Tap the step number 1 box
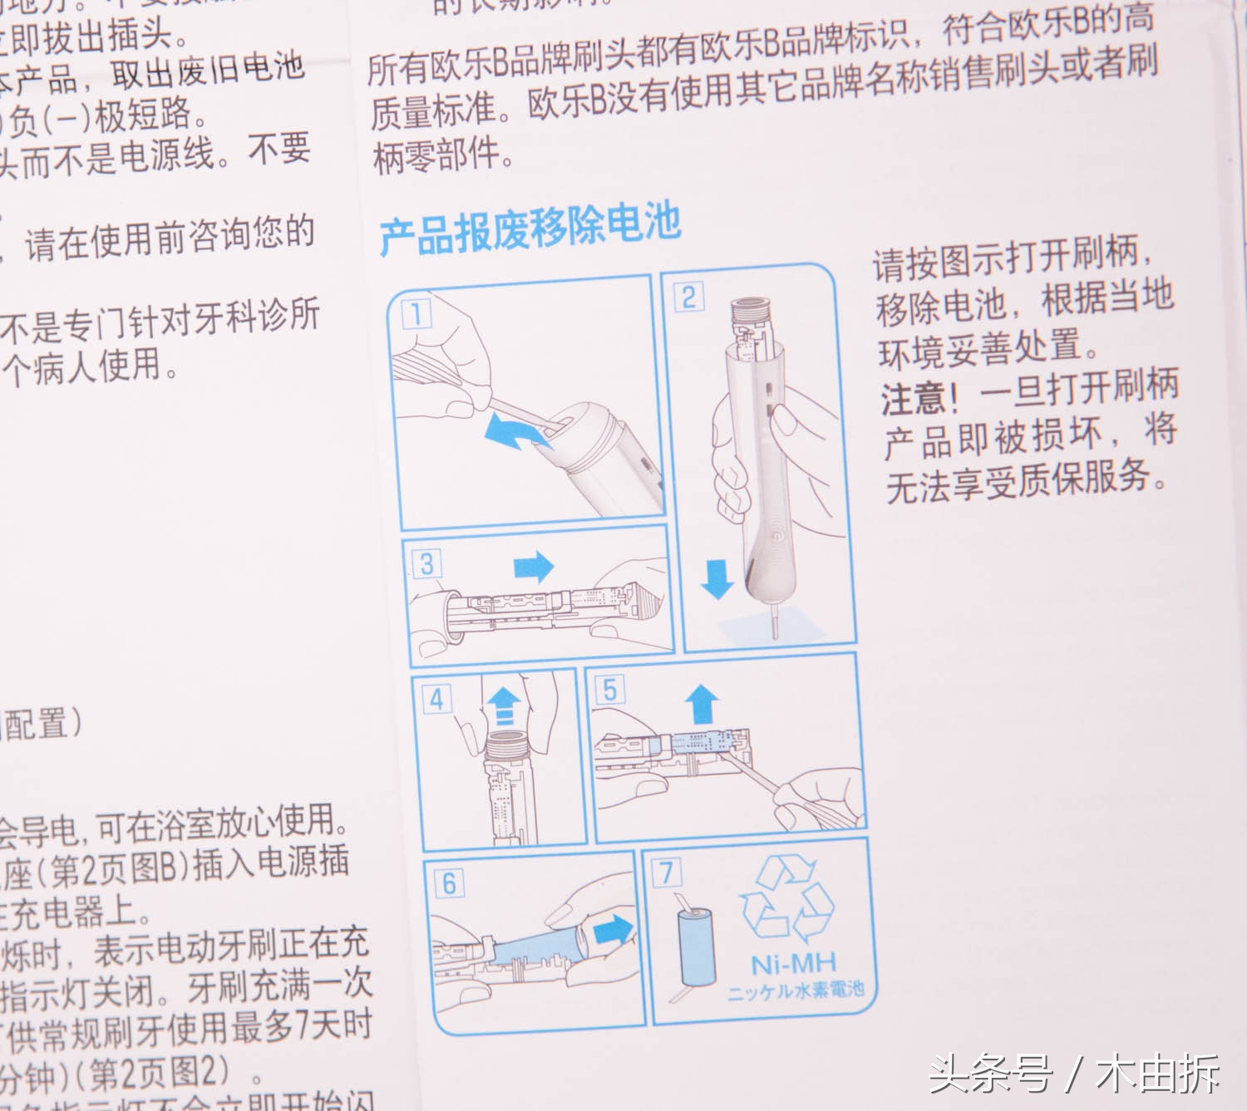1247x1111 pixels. (x=416, y=315)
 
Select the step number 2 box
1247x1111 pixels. (x=689, y=297)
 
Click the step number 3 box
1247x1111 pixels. (x=426, y=564)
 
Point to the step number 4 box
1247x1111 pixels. (x=436, y=699)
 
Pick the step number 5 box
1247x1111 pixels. (x=610, y=690)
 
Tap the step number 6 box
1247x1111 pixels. (x=449, y=882)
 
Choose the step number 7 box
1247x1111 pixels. (x=667, y=873)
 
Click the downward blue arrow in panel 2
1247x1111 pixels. (x=717, y=578)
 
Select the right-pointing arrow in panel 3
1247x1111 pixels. (x=533, y=567)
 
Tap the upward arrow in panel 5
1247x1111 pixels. (x=703, y=705)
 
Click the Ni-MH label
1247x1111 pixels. (x=793, y=964)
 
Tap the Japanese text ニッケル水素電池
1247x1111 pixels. (x=796, y=991)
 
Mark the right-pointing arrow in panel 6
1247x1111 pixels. (x=614, y=927)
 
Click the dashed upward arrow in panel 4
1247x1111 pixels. (x=500, y=705)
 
